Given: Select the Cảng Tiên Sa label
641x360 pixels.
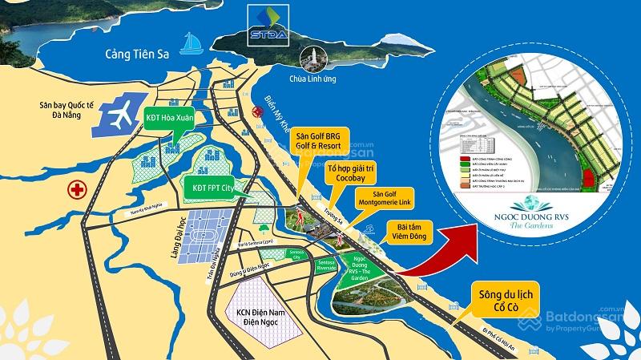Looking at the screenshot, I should [x=137, y=55].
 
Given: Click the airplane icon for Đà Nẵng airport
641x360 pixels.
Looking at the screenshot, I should [x=119, y=117].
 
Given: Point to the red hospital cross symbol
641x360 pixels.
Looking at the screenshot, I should [x=76, y=190].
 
